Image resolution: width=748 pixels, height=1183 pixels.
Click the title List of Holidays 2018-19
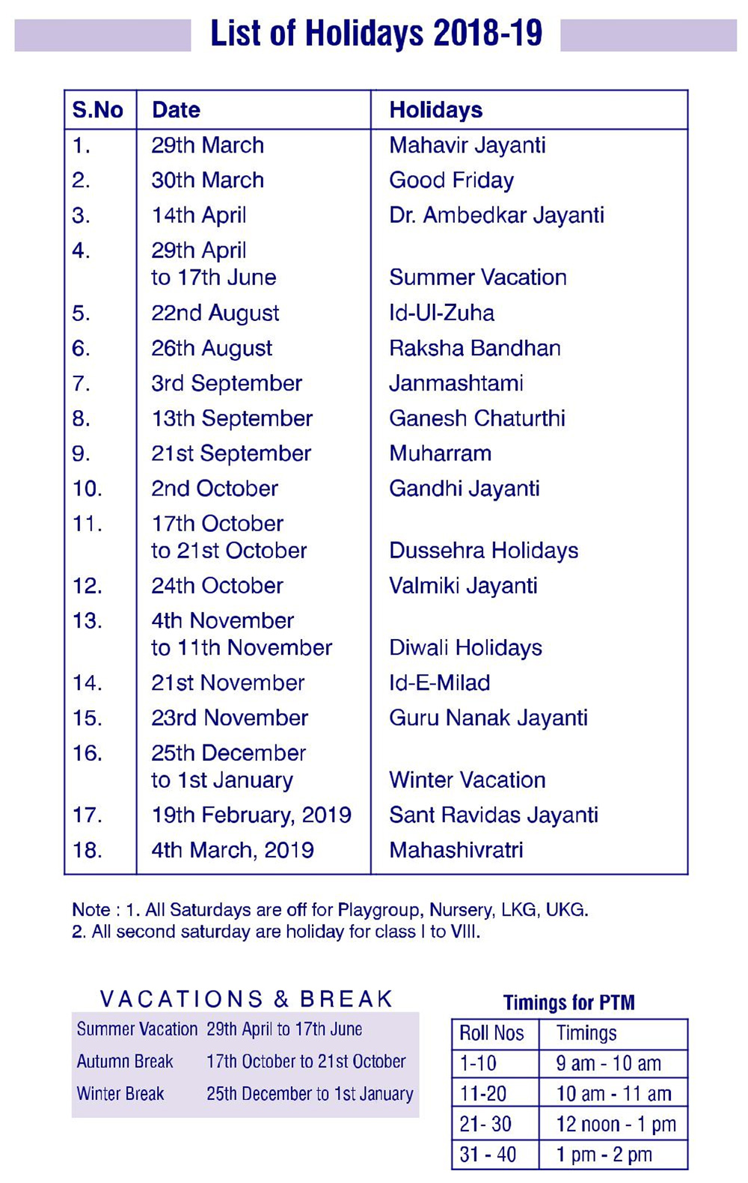[375, 34]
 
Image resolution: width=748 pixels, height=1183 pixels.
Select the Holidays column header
[435, 110]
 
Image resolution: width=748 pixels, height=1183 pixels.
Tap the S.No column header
[97, 110]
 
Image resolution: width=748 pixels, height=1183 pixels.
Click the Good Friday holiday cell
[451, 180]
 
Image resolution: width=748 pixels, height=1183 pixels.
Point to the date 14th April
[198, 215]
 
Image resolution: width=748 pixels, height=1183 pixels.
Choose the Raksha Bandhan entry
[474, 348]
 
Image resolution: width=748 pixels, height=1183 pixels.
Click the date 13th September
[232, 418]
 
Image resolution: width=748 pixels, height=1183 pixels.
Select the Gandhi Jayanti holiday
[464, 489]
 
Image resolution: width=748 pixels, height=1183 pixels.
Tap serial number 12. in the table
[88, 586]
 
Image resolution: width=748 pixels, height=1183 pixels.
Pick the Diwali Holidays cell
[465, 647]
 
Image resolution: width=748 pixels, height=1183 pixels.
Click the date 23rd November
[230, 718]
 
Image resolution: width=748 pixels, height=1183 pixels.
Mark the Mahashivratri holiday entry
[456, 850]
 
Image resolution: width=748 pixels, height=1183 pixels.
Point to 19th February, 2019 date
[251, 815]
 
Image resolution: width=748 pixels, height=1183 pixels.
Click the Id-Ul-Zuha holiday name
[441, 313]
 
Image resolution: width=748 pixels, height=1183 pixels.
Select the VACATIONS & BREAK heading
[246, 999]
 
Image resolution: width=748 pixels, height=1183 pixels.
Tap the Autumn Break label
[125, 1061]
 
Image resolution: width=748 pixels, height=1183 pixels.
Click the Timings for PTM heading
[568, 1003]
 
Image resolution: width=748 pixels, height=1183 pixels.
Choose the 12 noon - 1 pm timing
[616, 1124]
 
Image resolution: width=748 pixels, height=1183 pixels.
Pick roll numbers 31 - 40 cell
[488, 1155]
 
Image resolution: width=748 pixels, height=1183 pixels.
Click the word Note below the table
[91, 910]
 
